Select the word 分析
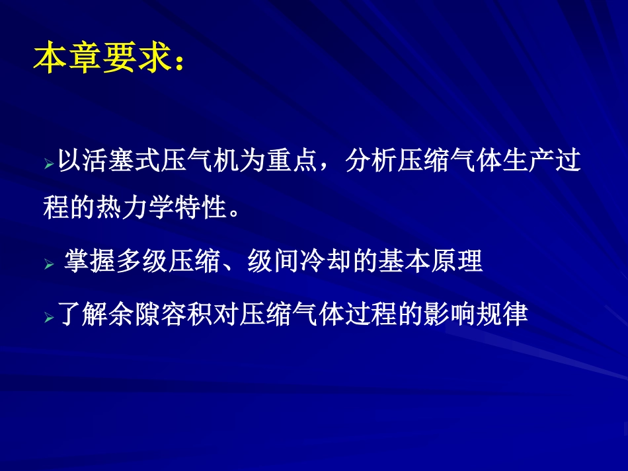tap(371, 162)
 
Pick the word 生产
tap(528, 162)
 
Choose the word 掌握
tap(89, 262)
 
